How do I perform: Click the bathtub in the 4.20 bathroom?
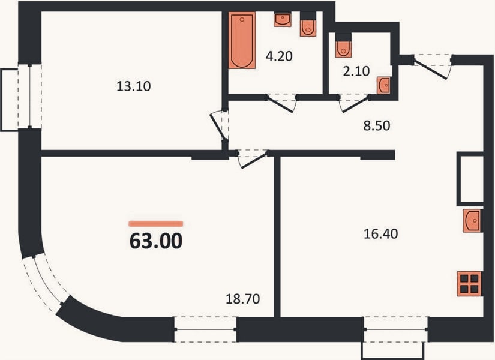point(242,40)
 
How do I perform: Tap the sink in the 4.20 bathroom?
point(283,20)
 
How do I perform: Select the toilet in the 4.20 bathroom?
point(308,25)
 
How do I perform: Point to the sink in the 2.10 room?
point(384,86)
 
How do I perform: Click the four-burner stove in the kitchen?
point(469,284)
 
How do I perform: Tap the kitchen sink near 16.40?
point(472,220)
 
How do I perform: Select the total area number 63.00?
point(156,241)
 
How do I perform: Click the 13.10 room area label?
point(134,86)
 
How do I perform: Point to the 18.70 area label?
point(243,299)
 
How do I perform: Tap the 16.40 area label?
point(381,234)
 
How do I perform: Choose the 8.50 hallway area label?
point(377,125)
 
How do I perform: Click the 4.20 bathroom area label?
point(279,56)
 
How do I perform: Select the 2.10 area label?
point(356,71)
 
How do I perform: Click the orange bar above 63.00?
point(156,224)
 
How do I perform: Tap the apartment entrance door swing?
point(432,67)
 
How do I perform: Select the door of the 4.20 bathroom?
point(281,103)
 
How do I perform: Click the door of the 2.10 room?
point(354,103)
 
